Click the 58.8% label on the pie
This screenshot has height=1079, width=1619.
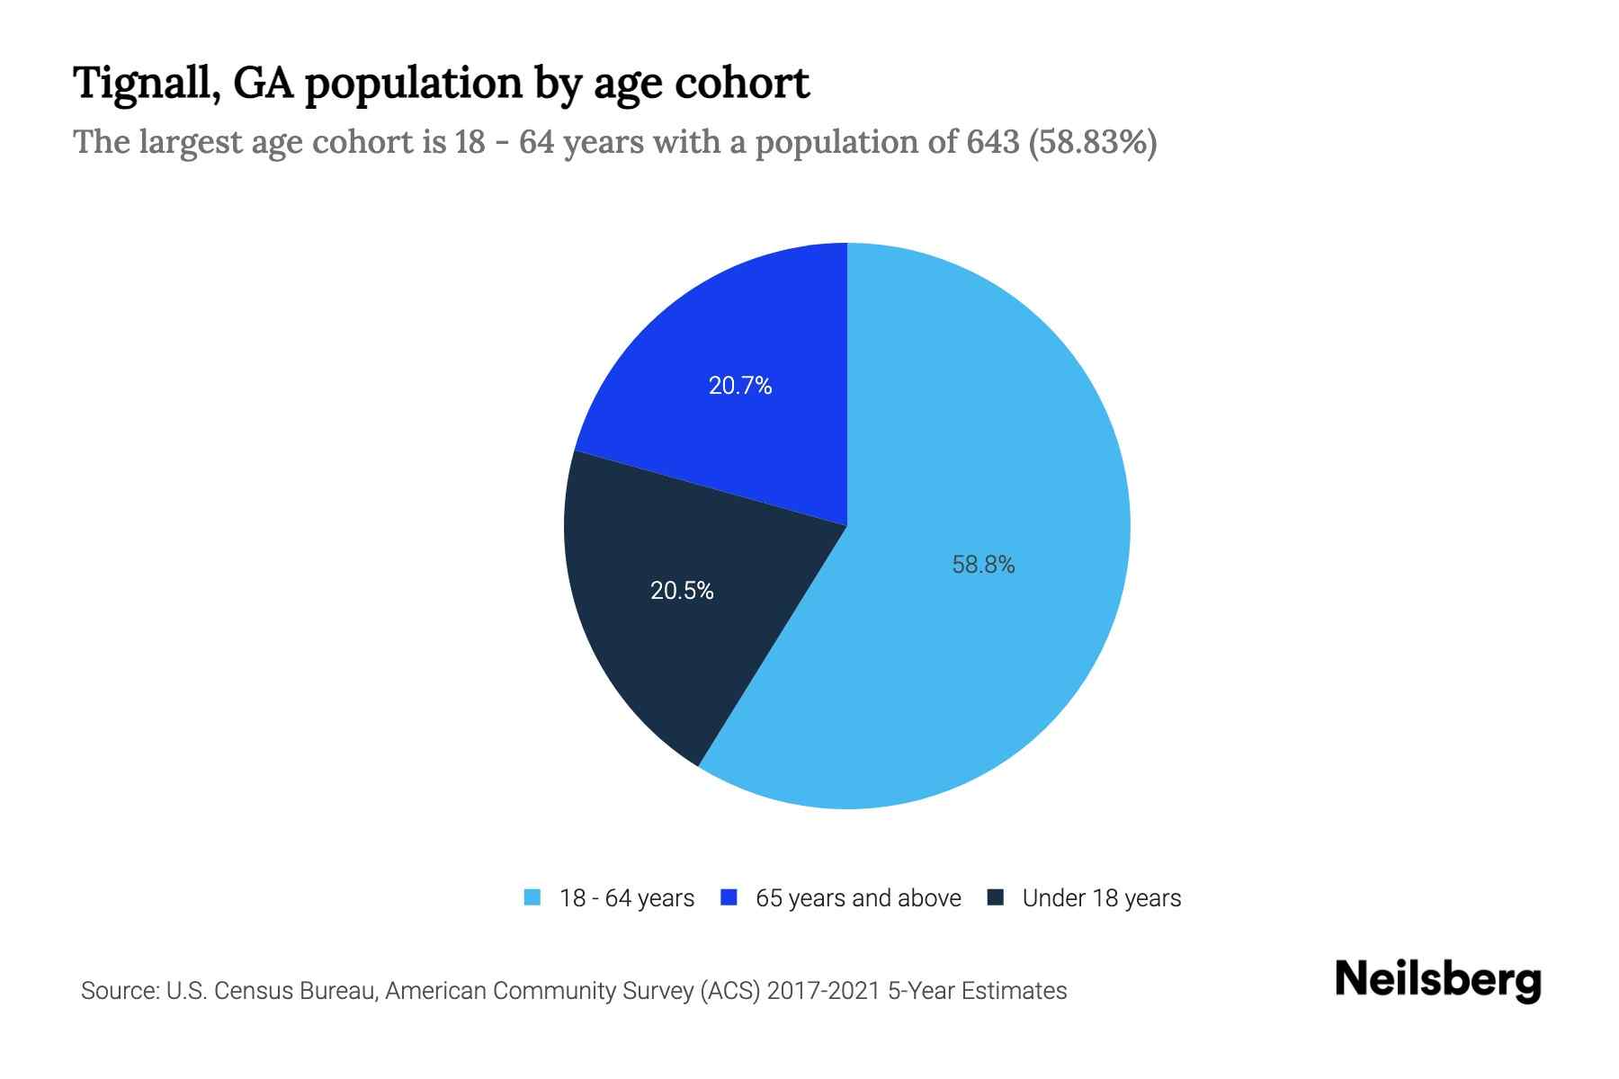click(x=983, y=565)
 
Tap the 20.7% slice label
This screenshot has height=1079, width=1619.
click(x=740, y=386)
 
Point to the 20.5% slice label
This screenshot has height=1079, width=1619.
click(x=682, y=591)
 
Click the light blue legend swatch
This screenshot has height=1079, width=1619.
click(x=532, y=897)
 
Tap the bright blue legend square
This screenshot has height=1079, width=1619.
click(x=729, y=897)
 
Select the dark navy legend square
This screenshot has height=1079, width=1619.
click(x=996, y=897)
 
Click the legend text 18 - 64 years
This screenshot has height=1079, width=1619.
click(x=627, y=898)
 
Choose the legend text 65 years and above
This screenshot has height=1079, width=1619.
click(x=858, y=898)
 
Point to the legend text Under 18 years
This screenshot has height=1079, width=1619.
click(x=1101, y=898)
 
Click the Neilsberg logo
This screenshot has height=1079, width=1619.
click(x=1437, y=980)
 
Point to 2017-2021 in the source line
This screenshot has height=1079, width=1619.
click(x=823, y=991)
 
